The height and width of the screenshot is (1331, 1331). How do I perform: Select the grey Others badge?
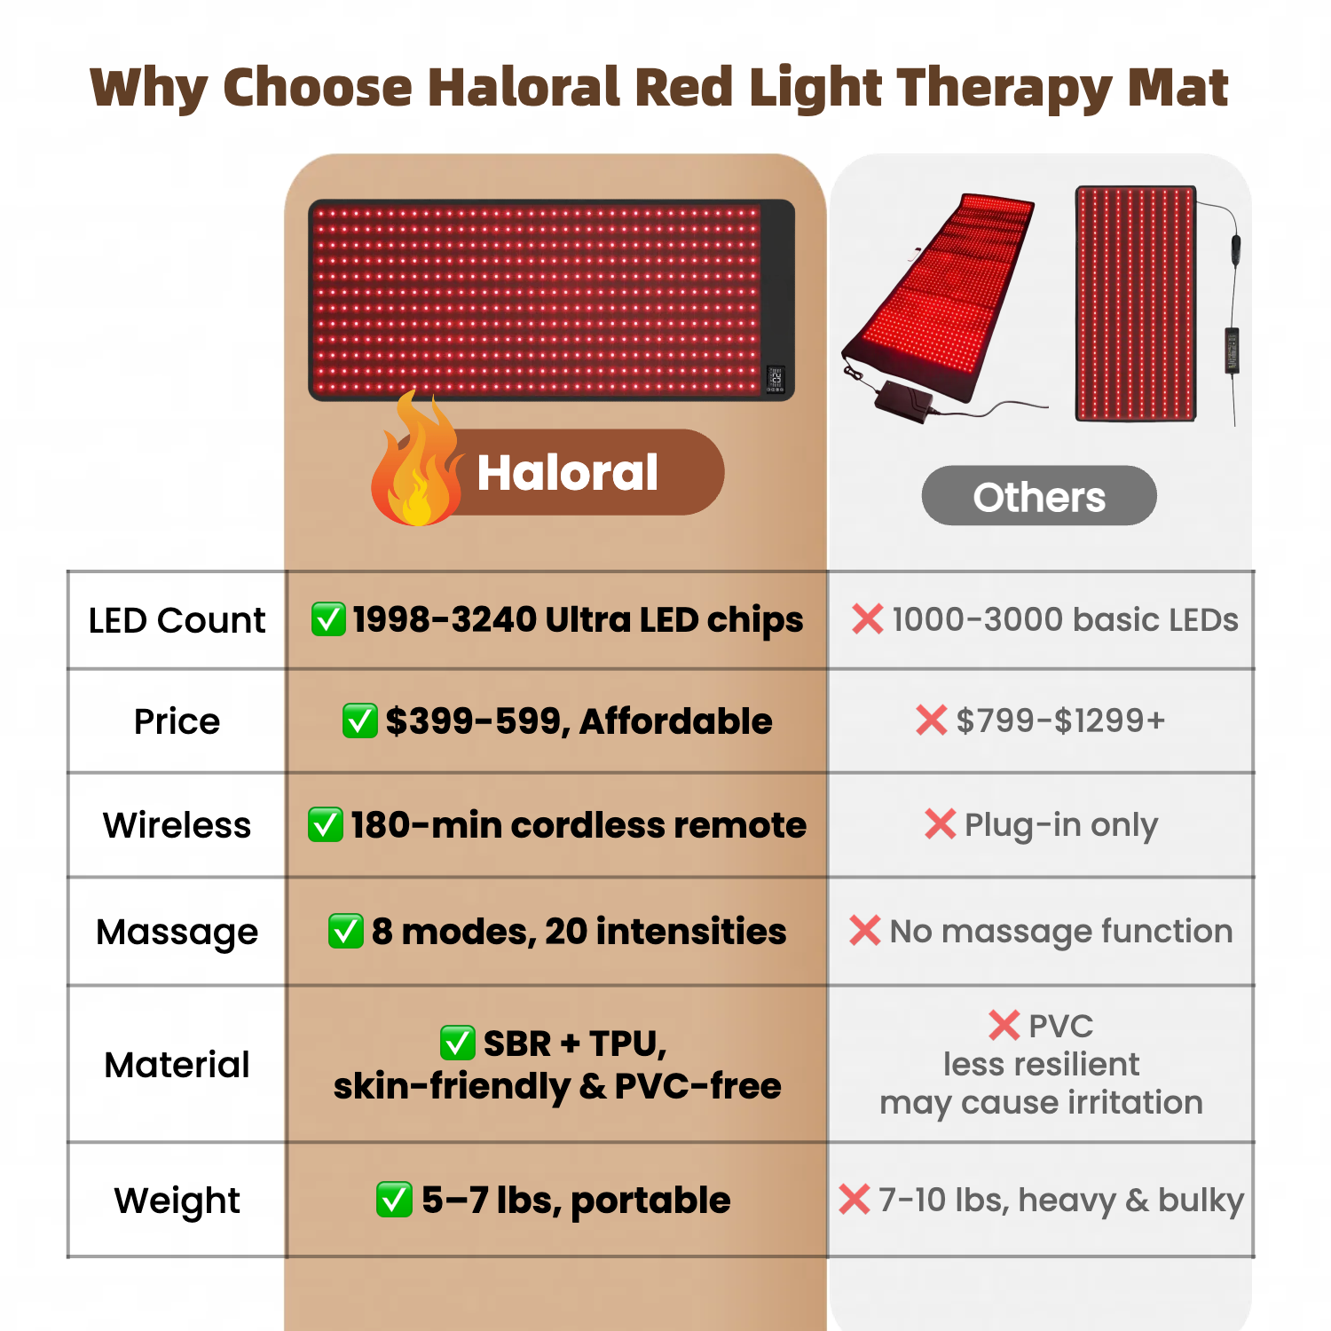1039,496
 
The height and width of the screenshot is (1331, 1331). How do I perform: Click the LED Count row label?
177,620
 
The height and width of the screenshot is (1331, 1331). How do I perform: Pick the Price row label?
177,721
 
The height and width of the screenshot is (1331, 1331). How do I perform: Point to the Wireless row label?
177,825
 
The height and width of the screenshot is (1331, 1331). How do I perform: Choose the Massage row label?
177,933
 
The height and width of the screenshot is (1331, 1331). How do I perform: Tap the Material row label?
177,1065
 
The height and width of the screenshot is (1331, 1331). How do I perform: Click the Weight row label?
177,1201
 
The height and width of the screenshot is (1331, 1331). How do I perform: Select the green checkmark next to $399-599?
359,721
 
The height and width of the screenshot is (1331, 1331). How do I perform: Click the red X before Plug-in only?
940,824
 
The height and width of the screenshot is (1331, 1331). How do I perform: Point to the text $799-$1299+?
1060,721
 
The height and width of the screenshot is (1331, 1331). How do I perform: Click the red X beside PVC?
1004,1026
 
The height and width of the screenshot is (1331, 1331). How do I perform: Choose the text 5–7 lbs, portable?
576,1201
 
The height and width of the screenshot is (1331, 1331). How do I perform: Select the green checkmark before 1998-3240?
328,619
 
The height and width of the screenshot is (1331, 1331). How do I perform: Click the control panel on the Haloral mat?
776,379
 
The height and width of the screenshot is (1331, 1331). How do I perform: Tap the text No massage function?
1061,932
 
